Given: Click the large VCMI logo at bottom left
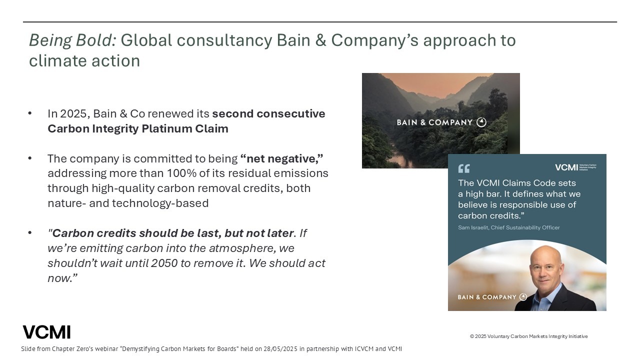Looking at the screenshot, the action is tap(46, 332).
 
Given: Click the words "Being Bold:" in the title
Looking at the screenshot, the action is tap(72, 40).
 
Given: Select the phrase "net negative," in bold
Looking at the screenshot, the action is tap(281, 158).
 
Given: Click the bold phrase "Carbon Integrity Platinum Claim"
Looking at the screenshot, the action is tap(138, 129).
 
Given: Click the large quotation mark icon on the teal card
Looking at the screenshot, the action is tap(463, 168).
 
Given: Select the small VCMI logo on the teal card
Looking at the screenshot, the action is tap(575, 167).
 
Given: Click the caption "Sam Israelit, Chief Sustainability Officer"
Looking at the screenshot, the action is tap(509, 227).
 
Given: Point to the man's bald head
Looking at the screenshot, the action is tap(545, 254).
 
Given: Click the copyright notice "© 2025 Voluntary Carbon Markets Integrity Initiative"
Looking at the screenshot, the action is tap(529, 336).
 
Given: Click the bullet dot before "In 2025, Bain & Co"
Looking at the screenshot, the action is tap(30, 113).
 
